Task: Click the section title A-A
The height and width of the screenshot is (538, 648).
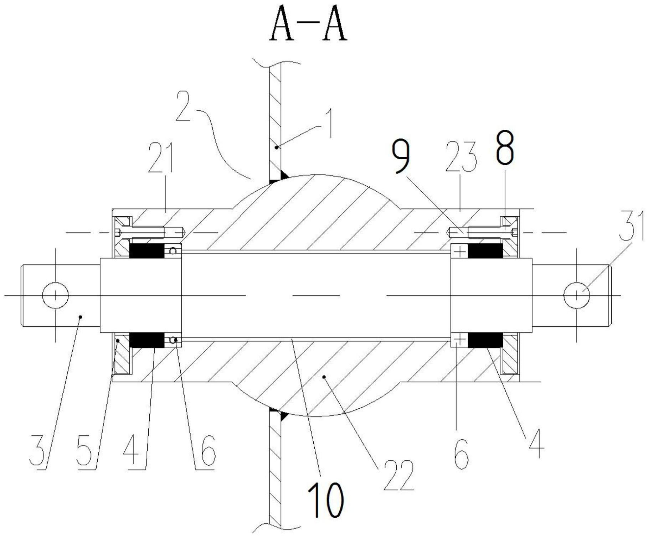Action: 309,29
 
